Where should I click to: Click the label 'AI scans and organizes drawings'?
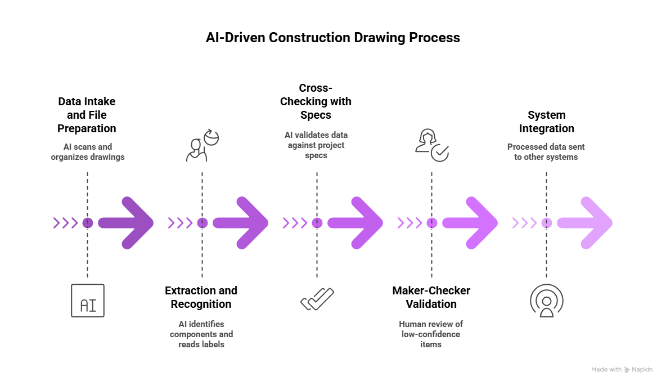88,152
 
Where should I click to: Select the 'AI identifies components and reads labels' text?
201,334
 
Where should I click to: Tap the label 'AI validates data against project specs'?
316,145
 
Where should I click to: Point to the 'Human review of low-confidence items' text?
431,334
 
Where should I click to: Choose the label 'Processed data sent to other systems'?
546,152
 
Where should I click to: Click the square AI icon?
88,301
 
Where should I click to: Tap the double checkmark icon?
317,299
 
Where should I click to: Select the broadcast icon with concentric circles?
546,301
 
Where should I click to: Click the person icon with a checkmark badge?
431,145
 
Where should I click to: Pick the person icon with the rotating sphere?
202,145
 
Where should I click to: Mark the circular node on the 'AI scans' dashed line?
87,223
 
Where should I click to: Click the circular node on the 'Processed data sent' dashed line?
546,223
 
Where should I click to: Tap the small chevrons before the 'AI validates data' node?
295,223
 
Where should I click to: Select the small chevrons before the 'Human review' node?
409,223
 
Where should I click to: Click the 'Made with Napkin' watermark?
622,370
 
